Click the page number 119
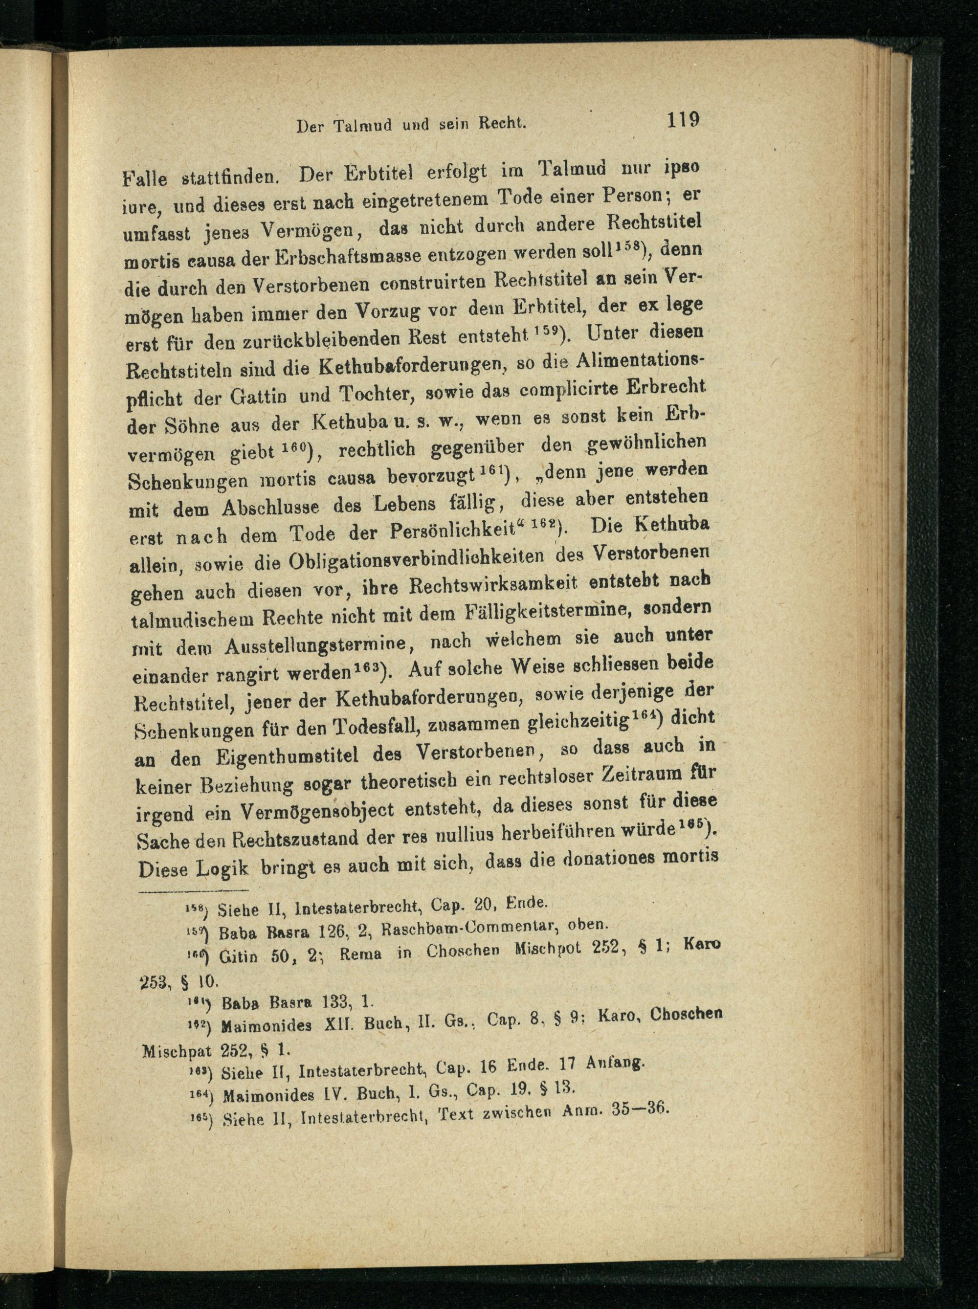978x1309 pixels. pyautogui.click(x=683, y=120)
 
